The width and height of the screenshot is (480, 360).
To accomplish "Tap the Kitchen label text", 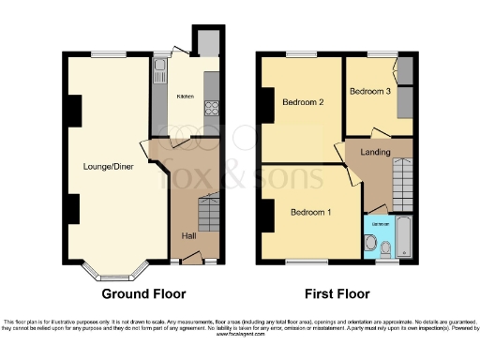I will (x=185, y=96).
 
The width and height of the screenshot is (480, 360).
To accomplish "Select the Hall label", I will (x=188, y=235).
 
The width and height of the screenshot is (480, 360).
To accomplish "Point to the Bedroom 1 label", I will (x=310, y=212).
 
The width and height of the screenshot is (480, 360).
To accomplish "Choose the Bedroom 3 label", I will (x=367, y=92).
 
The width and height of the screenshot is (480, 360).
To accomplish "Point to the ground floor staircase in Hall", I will (x=208, y=216).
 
